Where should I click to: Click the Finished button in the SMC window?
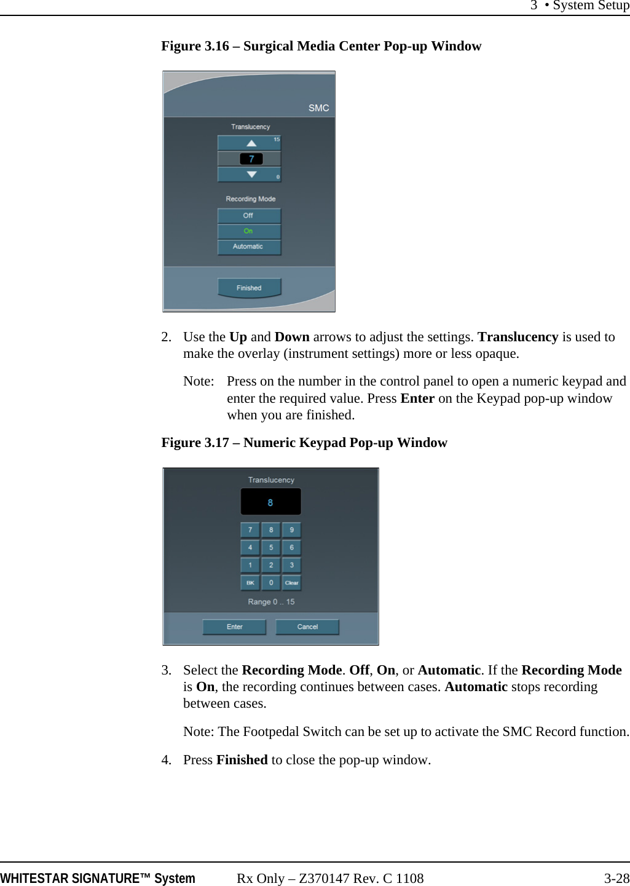[249, 288]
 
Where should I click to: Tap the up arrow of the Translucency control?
[251, 143]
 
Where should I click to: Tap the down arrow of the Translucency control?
[251, 175]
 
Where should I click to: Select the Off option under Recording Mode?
[248, 215]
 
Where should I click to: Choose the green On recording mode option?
[248, 231]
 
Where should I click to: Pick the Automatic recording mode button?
[248, 247]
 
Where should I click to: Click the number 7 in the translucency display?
[251, 159]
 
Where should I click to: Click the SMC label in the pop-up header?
[318, 108]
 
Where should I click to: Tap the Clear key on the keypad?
[291, 582]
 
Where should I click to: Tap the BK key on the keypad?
[250, 582]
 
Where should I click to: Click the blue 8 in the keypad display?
[270, 502]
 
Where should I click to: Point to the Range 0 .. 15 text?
[271, 602]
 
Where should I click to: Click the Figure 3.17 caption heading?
[304, 443]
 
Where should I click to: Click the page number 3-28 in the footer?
[616, 878]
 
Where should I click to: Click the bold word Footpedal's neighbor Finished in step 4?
[242, 760]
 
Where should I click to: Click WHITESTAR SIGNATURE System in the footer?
[98, 878]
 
